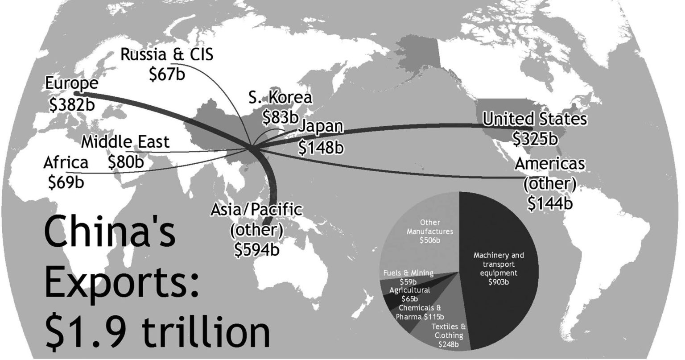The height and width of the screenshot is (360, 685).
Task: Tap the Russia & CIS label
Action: click(x=167, y=54)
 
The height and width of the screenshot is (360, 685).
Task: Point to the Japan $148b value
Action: click(x=320, y=147)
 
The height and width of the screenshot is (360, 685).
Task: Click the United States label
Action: click(x=535, y=119)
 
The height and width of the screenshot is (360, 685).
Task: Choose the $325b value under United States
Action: click(x=535, y=138)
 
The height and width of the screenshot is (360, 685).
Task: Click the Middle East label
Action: click(x=125, y=142)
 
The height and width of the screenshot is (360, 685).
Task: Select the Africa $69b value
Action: click(x=66, y=182)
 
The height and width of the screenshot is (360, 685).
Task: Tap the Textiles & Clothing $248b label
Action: click(x=449, y=335)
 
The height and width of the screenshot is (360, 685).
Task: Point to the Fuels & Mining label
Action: click(x=408, y=273)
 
